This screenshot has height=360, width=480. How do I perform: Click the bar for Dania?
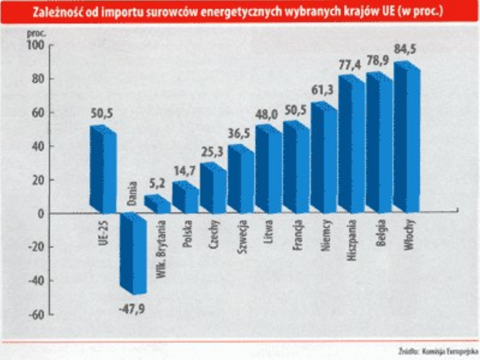click(133, 254)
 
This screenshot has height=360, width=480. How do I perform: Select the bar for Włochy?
click(407, 138)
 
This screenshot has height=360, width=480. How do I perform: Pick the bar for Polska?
click(185, 197)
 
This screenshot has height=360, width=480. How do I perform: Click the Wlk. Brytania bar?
click(157, 204)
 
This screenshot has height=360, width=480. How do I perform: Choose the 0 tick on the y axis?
click(41, 214)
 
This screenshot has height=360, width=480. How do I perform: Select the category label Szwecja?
click(242, 236)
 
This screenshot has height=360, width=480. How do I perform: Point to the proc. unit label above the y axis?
click(36, 33)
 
